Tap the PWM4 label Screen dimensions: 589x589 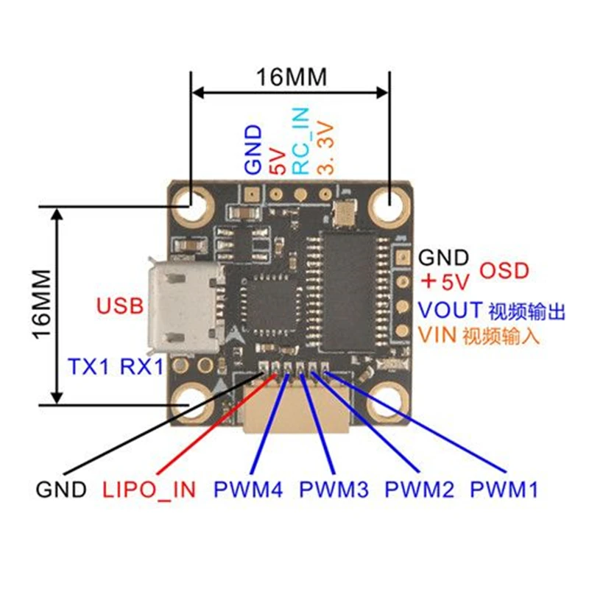click(248, 490)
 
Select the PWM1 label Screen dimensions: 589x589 click(504, 490)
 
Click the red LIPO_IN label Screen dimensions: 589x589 click(149, 490)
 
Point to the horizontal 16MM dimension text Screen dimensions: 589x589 click(291, 77)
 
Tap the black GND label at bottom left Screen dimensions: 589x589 click(61, 490)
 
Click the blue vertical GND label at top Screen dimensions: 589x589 click(253, 149)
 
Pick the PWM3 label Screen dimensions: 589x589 click(334, 490)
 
